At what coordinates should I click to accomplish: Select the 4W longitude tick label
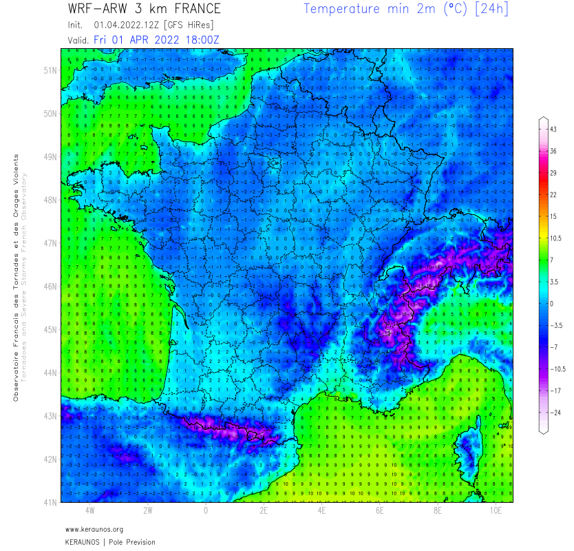click(x=89, y=511)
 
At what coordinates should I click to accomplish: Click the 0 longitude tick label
click(x=206, y=511)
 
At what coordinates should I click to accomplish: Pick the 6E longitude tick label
click(x=380, y=511)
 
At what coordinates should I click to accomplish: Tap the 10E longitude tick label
click(x=496, y=511)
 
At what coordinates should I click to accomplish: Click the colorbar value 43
click(x=553, y=129)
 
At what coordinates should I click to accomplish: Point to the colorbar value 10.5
click(x=555, y=238)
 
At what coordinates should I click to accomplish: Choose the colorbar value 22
click(x=553, y=195)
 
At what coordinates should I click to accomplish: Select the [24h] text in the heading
click(x=491, y=10)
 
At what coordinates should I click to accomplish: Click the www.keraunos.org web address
click(x=94, y=529)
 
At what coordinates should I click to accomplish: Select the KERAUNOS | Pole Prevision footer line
click(x=110, y=542)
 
